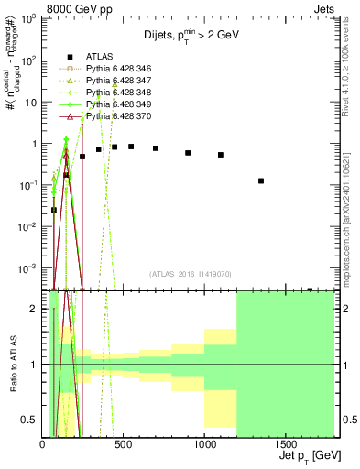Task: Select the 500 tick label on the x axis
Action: pos(124,445)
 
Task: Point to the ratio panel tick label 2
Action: pos(33,309)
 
